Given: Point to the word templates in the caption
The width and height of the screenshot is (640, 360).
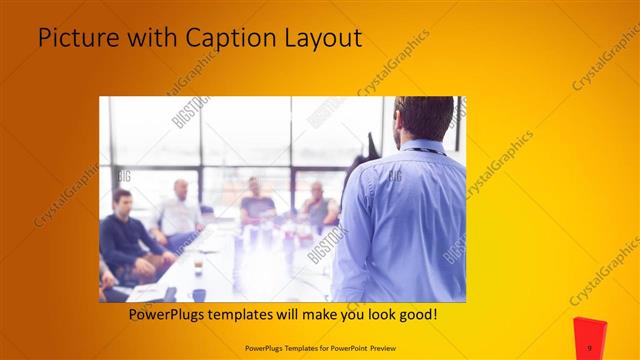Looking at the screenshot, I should (x=252, y=315).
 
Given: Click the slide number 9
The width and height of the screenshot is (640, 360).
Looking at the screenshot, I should (x=590, y=347).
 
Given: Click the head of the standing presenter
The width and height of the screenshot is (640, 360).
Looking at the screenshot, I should (x=418, y=119).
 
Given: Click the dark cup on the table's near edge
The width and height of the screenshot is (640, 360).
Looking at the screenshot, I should (x=200, y=294).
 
